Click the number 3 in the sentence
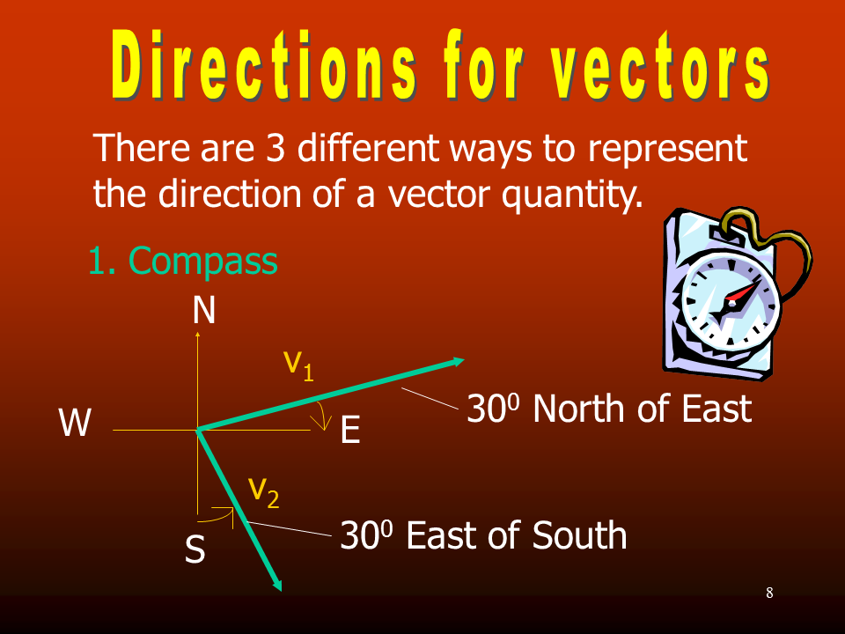(x=275, y=147)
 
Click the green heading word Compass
(x=203, y=262)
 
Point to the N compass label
(x=204, y=310)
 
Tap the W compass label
(x=75, y=422)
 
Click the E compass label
(x=350, y=430)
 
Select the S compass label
(x=195, y=549)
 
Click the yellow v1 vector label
(x=299, y=365)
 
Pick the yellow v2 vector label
(x=264, y=492)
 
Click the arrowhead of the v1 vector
(x=457, y=361)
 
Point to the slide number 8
(x=769, y=593)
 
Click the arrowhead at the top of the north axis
(x=198, y=335)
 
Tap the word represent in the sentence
(x=667, y=149)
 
